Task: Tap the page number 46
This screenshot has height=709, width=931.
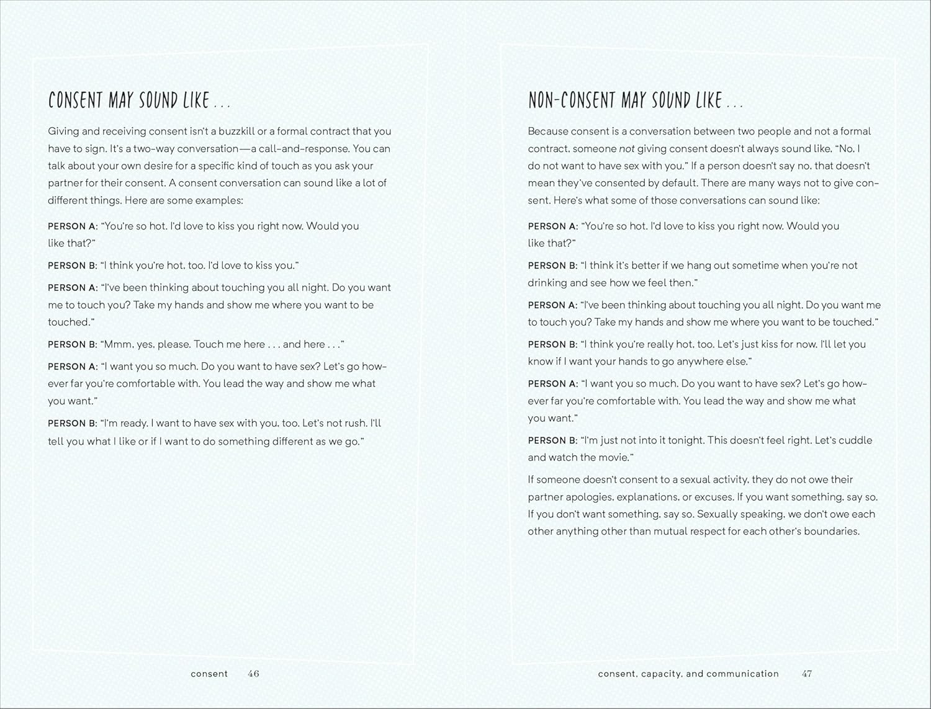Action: click(x=253, y=674)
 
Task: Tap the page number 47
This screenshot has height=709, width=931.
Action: click(x=807, y=674)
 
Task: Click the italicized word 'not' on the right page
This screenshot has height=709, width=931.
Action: click(x=626, y=148)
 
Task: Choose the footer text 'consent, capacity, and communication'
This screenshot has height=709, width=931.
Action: click(x=688, y=674)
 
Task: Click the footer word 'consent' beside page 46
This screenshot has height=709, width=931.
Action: click(x=209, y=674)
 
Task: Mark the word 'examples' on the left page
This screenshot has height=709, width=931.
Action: click(x=220, y=200)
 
